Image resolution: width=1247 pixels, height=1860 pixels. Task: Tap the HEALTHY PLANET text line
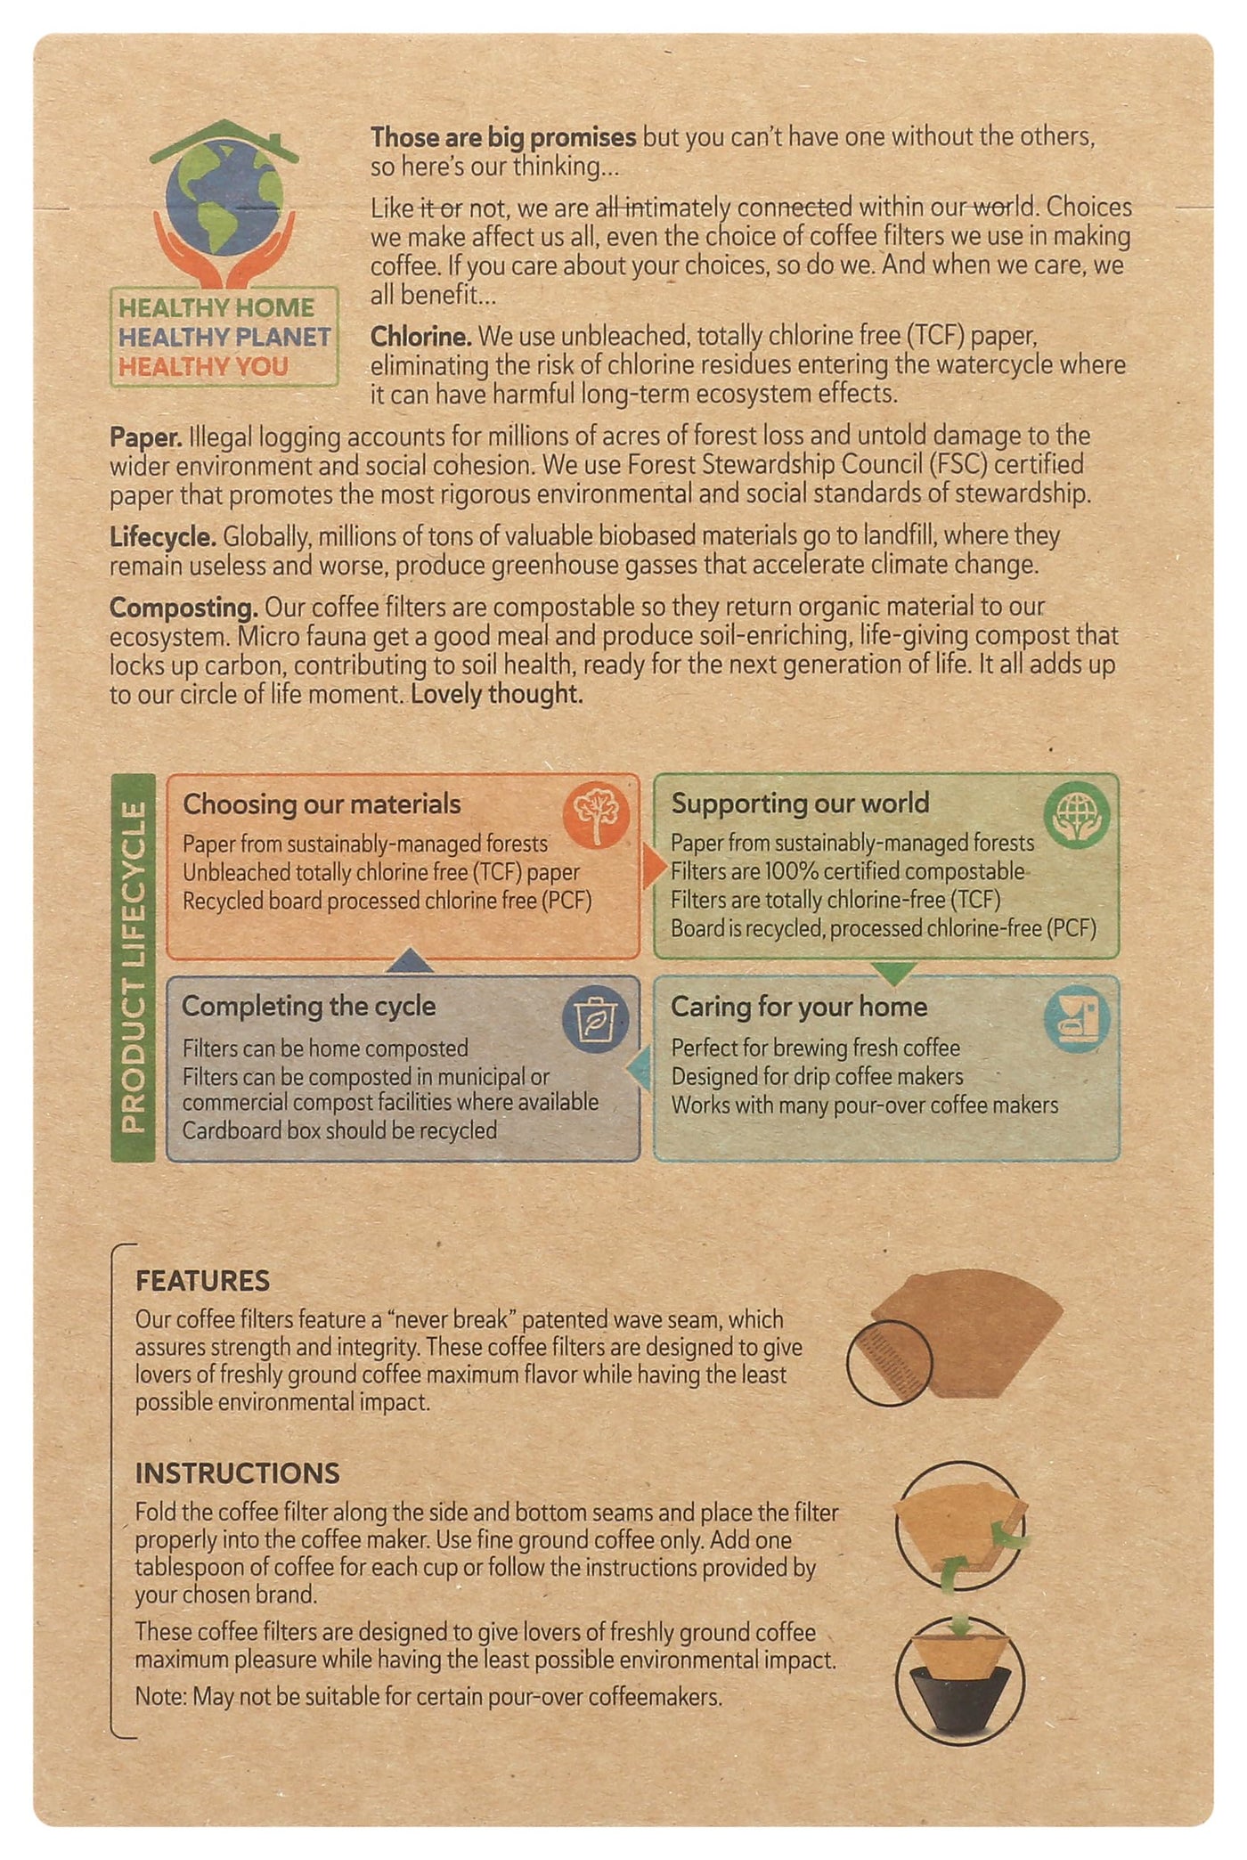pyautogui.click(x=224, y=337)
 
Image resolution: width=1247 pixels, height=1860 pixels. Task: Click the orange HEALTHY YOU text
pyautogui.click(x=203, y=366)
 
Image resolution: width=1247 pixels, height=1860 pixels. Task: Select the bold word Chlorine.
pyautogui.click(x=420, y=336)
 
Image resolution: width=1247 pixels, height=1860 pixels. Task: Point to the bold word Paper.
pyautogui.click(x=146, y=436)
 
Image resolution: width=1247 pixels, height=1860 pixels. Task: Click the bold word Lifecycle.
pyautogui.click(x=163, y=536)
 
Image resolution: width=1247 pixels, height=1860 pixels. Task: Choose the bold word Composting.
pyautogui.click(x=183, y=608)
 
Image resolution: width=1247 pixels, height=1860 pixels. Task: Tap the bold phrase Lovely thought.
pyautogui.click(x=497, y=694)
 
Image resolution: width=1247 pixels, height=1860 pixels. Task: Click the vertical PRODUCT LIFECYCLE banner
pyautogui.click(x=133, y=967)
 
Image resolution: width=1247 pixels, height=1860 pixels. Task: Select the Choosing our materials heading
pyautogui.click(x=322, y=804)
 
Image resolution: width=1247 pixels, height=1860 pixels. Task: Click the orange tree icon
pyautogui.click(x=596, y=814)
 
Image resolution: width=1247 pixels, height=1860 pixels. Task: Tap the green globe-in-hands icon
pyautogui.click(x=1077, y=816)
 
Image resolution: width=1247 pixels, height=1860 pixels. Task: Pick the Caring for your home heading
pyautogui.click(x=799, y=1007)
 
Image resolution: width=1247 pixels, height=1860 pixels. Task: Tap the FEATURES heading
pyautogui.click(x=202, y=1281)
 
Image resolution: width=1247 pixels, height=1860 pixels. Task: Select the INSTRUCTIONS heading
pyautogui.click(x=237, y=1473)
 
